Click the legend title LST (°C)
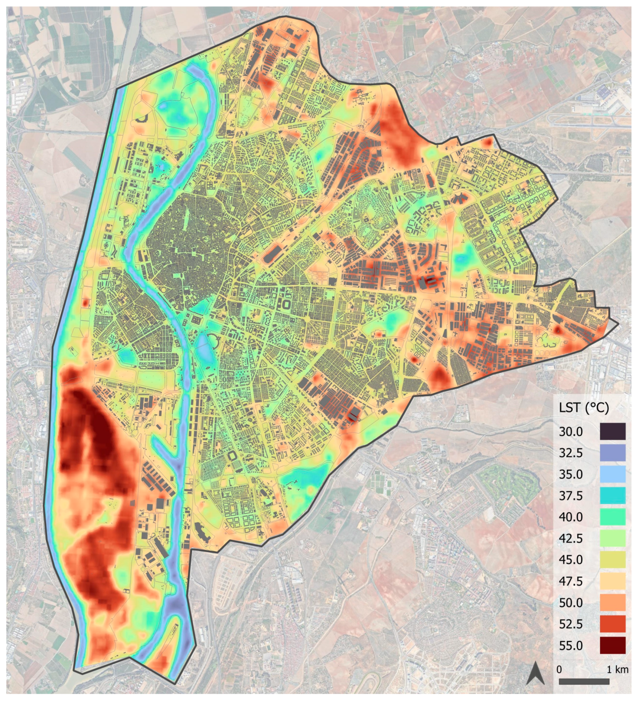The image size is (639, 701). tap(583, 408)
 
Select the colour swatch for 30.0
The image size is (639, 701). tap(613, 431)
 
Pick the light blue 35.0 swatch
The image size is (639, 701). tap(613, 474)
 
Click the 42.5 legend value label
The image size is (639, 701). tap(570, 539)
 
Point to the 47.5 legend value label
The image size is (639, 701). tap(570, 581)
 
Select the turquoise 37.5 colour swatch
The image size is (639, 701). tap(613, 496)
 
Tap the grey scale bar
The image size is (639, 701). tap(584, 682)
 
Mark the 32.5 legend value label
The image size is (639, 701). tap(570, 453)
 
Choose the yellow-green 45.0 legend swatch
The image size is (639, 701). tap(613, 559)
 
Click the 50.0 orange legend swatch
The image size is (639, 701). tap(613, 602)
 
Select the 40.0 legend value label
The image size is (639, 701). tap(570, 517)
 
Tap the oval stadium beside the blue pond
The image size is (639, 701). tap(212, 339)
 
